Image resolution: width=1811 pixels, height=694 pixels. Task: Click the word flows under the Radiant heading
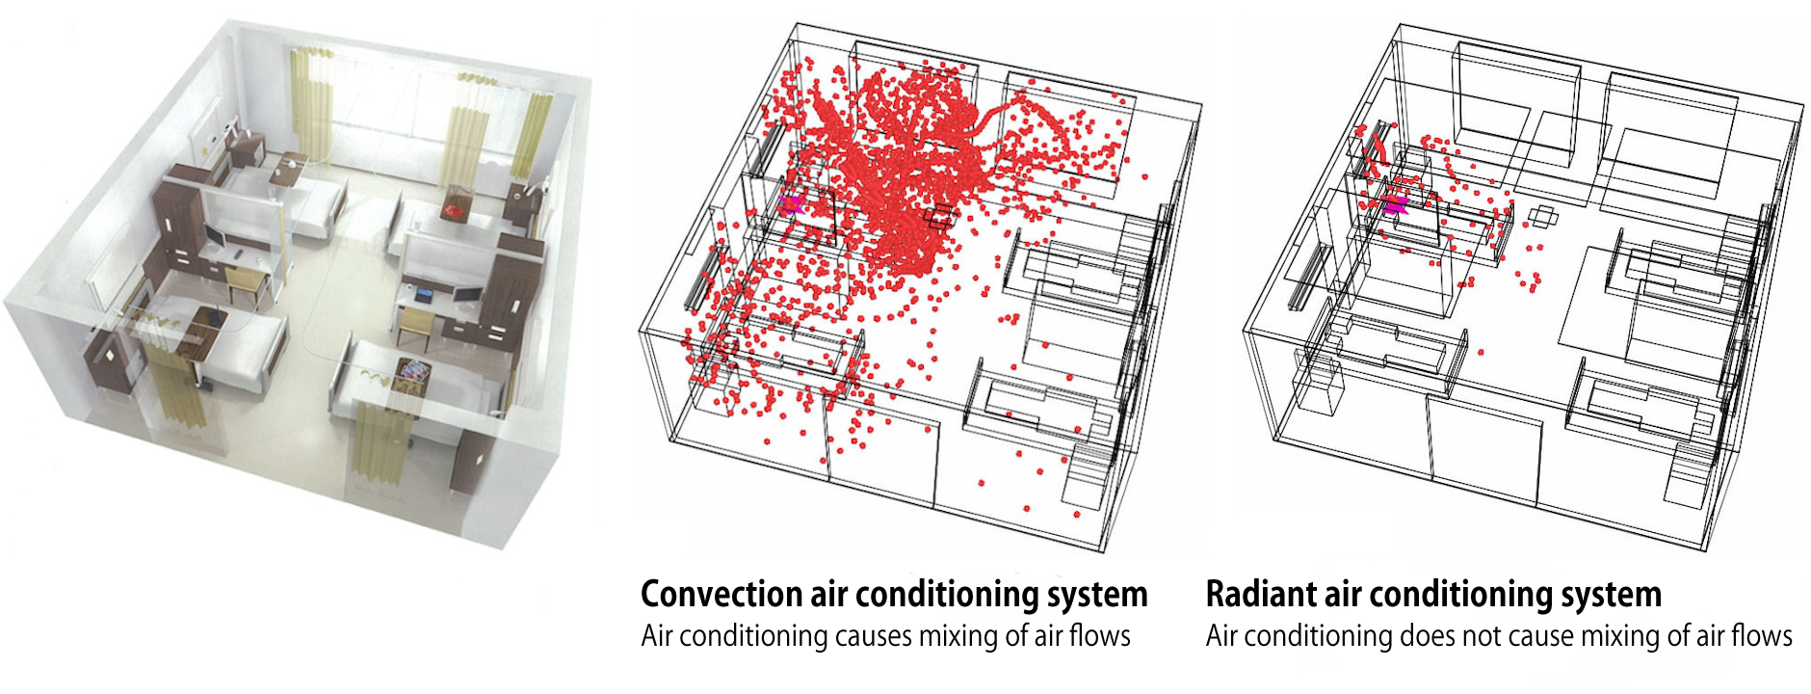click(1762, 636)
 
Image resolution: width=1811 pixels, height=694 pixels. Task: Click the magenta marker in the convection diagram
click(793, 203)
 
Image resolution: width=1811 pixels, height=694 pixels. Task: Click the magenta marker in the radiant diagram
click(1395, 203)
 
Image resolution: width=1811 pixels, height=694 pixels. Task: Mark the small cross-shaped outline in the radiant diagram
click(1544, 214)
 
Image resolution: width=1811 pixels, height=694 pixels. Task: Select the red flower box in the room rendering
click(455, 205)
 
